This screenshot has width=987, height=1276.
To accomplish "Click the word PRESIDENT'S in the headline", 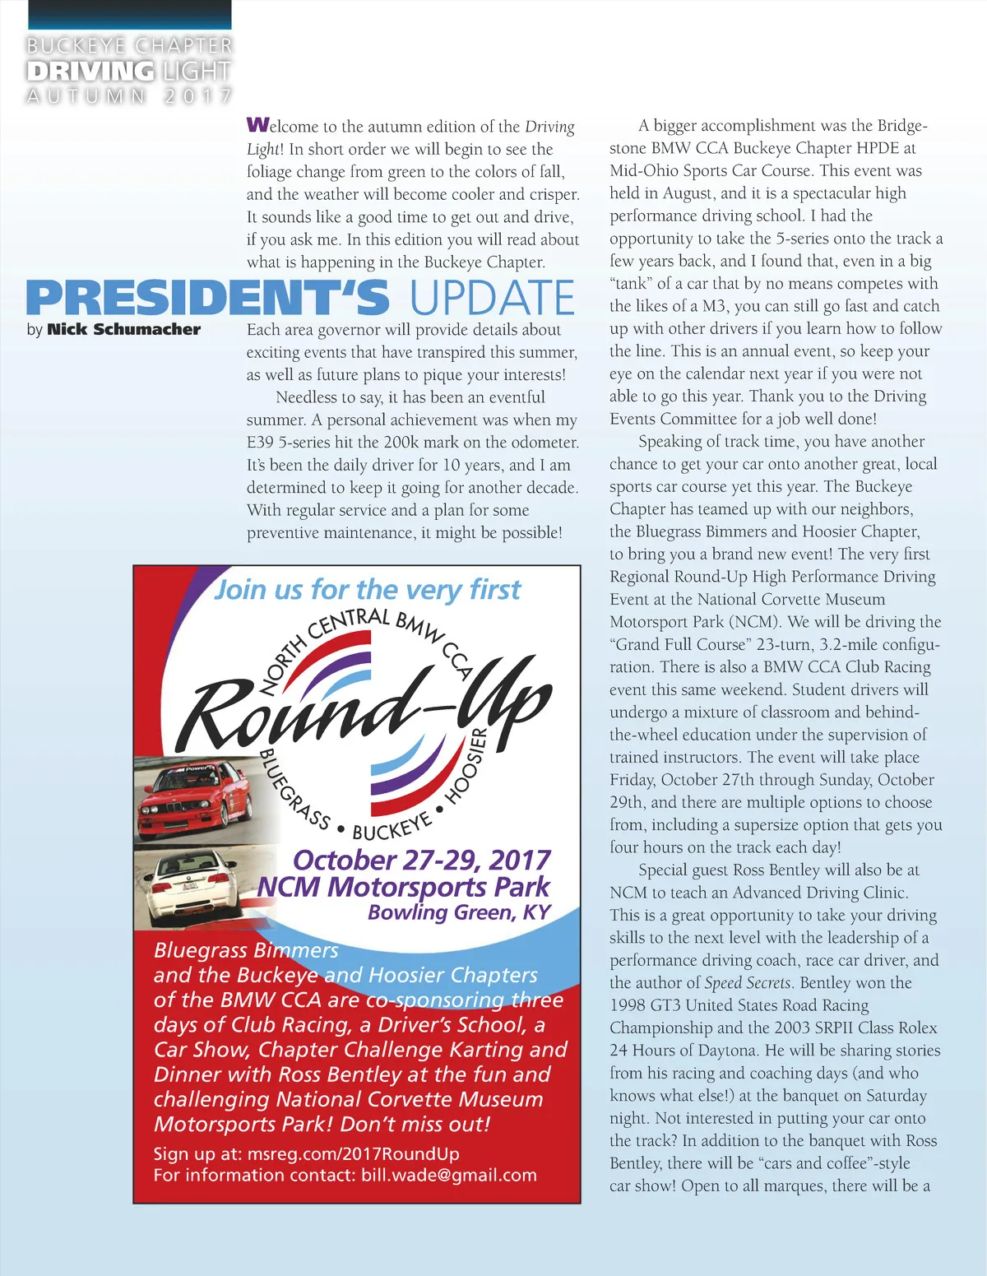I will click(207, 298).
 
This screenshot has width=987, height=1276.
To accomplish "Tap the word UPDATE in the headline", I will click(492, 298).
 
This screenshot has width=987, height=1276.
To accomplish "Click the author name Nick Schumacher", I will click(123, 330).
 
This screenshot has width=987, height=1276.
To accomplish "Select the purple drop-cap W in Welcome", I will click(257, 125).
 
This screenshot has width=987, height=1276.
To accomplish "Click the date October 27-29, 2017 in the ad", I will click(421, 861).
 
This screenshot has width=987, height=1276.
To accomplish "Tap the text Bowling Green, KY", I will click(459, 912).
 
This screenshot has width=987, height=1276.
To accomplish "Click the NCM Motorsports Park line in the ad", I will click(403, 887).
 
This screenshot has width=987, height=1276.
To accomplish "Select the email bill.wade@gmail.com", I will click(448, 1175).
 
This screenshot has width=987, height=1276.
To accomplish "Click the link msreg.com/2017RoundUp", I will click(353, 1153).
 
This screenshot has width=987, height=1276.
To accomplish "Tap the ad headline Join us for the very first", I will click(367, 590).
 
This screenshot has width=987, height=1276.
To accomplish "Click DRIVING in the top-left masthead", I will click(90, 72).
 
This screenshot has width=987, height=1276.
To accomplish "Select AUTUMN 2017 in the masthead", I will click(129, 96).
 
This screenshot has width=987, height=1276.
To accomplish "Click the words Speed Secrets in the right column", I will click(748, 983).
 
